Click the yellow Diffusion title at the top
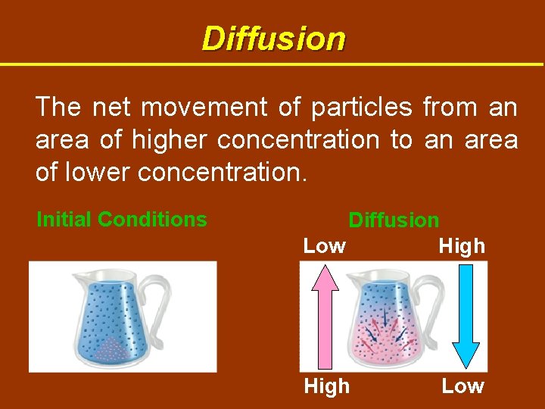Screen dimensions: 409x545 pyautogui.click(x=273, y=38)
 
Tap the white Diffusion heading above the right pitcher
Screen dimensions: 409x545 pyautogui.click(x=393, y=220)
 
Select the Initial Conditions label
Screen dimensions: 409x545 pyautogui.click(x=122, y=220)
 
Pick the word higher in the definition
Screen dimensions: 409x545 pyautogui.click(x=171, y=140)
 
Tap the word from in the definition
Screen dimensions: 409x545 pyautogui.click(x=450, y=108)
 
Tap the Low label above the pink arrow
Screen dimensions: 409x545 pyautogui.click(x=324, y=246)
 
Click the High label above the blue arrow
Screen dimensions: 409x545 pyautogui.click(x=461, y=246)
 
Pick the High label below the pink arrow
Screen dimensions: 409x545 pyautogui.click(x=326, y=386)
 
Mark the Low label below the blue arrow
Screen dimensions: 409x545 pyautogui.click(x=462, y=386)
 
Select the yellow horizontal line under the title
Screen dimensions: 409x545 pyautogui.click(x=272, y=64)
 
